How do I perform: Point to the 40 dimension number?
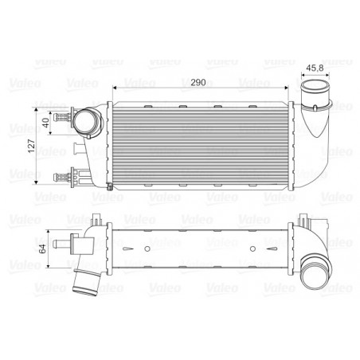tap(45, 122)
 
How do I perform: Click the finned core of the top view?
tap(187, 144)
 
